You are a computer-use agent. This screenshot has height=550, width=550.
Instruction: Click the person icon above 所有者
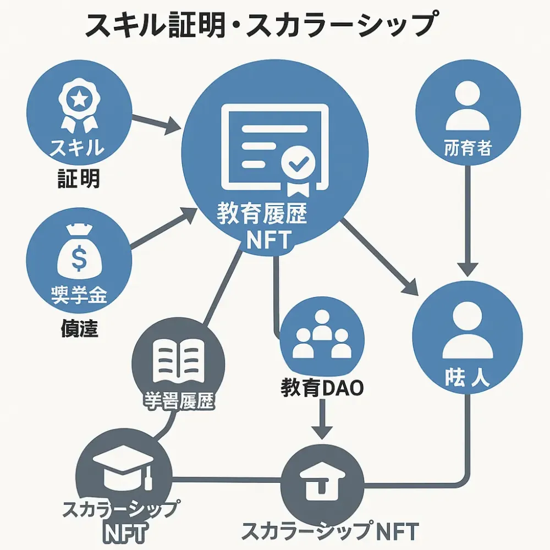tap(467, 107)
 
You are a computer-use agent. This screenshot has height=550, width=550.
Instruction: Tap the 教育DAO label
tap(322, 388)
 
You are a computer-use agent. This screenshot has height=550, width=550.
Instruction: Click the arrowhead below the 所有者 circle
tap(467, 269)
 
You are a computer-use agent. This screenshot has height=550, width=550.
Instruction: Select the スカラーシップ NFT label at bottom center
tap(330, 531)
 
